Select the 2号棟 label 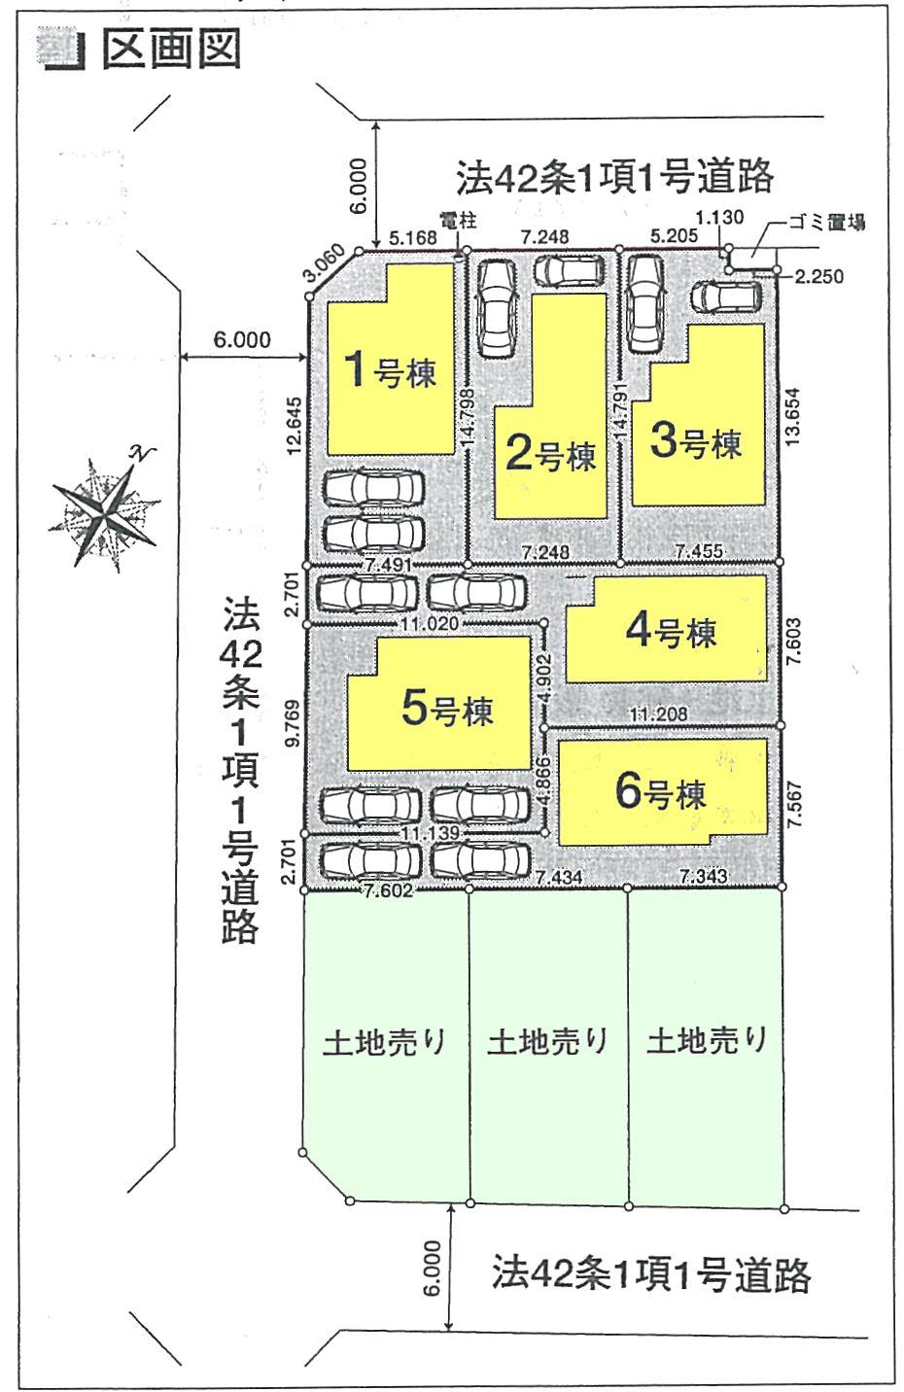click(551, 454)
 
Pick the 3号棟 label click(696, 443)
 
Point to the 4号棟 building click(672, 632)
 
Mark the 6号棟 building click(661, 793)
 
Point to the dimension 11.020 click(428, 621)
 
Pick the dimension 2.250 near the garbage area click(818, 277)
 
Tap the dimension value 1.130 click(718, 219)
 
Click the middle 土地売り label click(548, 1042)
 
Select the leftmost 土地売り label click(384, 1042)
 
